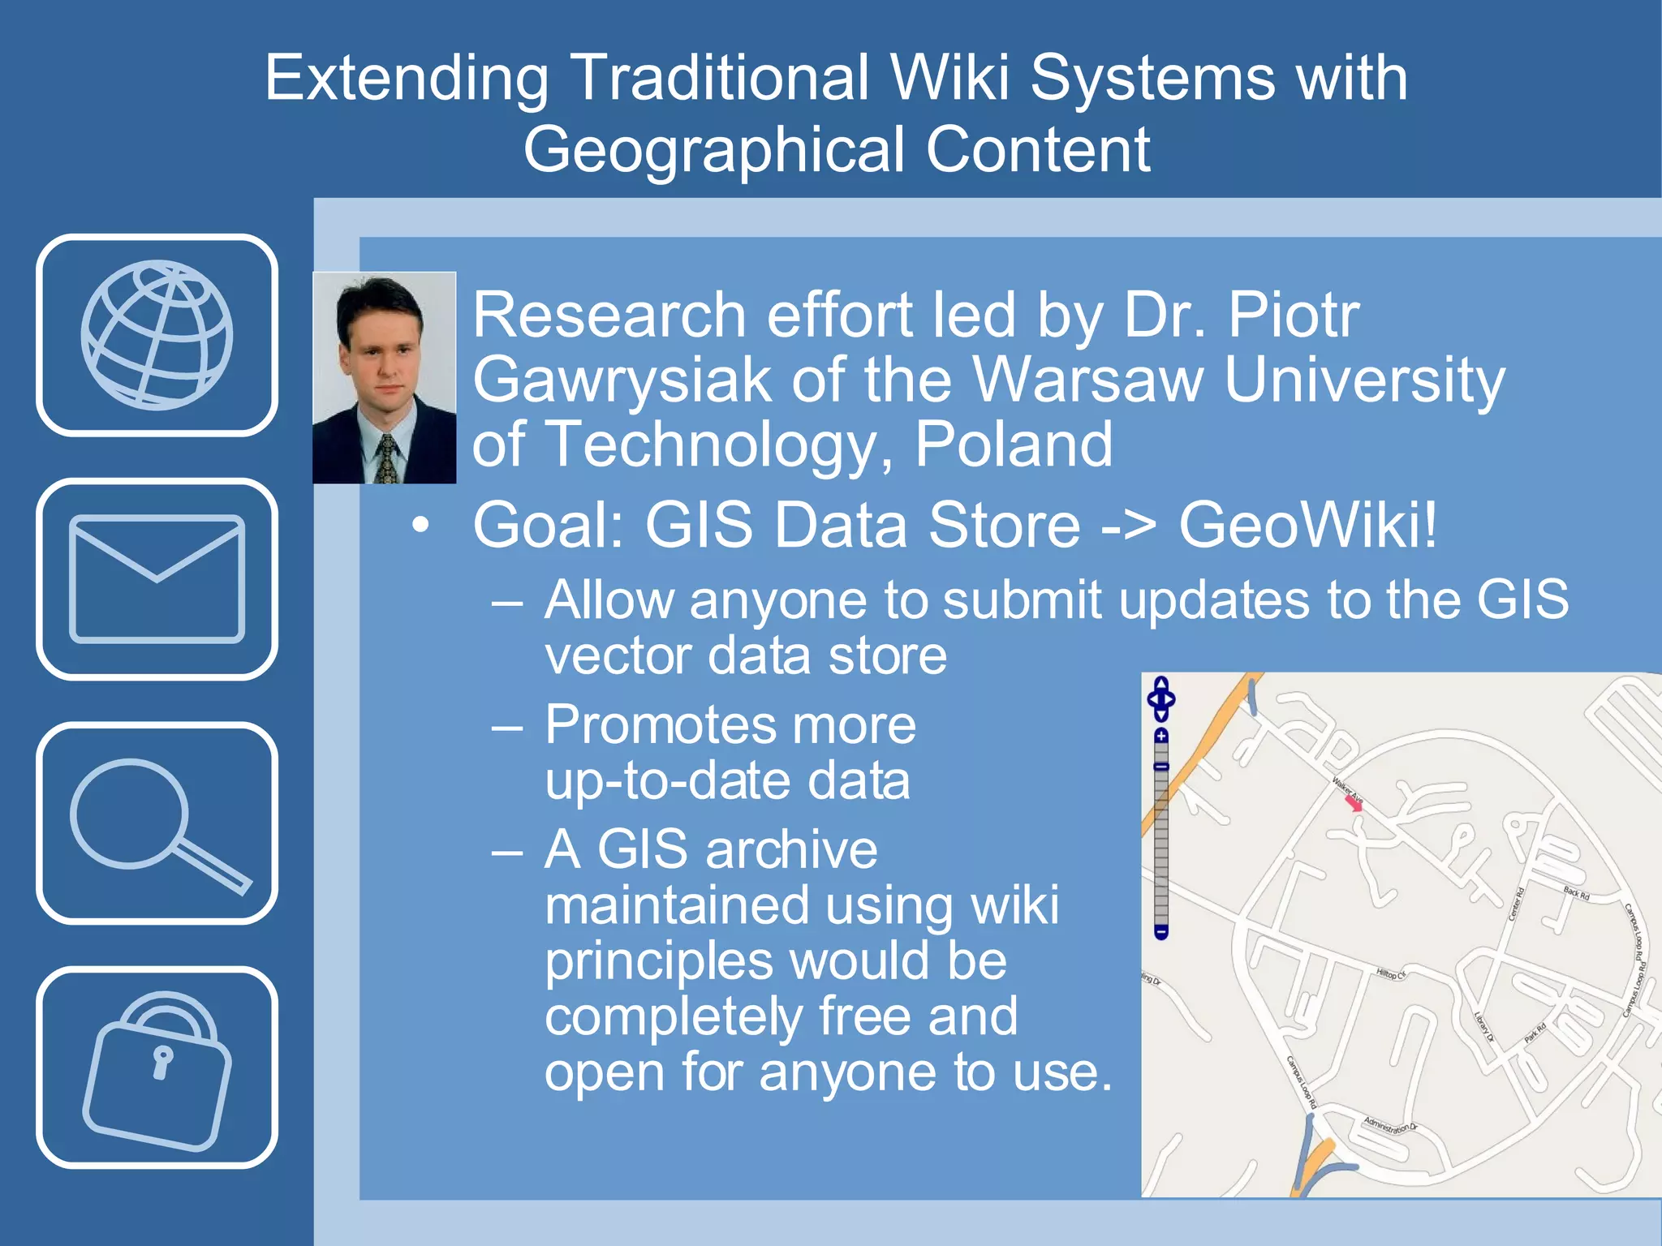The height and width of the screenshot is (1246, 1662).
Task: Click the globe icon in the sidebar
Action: (x=157, y=334)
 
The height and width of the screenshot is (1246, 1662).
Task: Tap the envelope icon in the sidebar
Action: (x=157, y=578)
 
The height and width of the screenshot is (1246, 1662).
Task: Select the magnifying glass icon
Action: (x=157, y=823)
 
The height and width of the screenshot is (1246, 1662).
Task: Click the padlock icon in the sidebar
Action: (x=157, y=1068)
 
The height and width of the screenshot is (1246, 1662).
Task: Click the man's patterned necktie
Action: (x=387, y=458)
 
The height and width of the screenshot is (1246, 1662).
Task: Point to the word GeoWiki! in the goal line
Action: (x=1307, y=525)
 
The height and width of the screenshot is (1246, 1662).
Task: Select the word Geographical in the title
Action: (x=713, y=150)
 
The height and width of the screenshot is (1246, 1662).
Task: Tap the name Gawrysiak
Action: (x=622, y=380)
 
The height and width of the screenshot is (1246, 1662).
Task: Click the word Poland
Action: (x=1014, y=445)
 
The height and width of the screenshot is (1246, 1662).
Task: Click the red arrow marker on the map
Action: (x=1354, y=803)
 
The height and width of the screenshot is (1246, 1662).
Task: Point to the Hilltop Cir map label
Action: (x=1391, y=973)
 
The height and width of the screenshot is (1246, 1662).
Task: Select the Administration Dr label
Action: (x=1390, y=1125)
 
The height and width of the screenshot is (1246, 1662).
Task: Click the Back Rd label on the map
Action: (x=1576, y=893)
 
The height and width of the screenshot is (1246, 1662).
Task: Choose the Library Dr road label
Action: (x=1483, y=1027)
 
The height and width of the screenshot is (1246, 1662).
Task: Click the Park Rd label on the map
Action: (x=1535, y=1033)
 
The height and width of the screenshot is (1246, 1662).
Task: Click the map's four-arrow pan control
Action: (x=1161, y=698)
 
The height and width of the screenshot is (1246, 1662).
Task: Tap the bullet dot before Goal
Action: (x=420, y=525)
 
